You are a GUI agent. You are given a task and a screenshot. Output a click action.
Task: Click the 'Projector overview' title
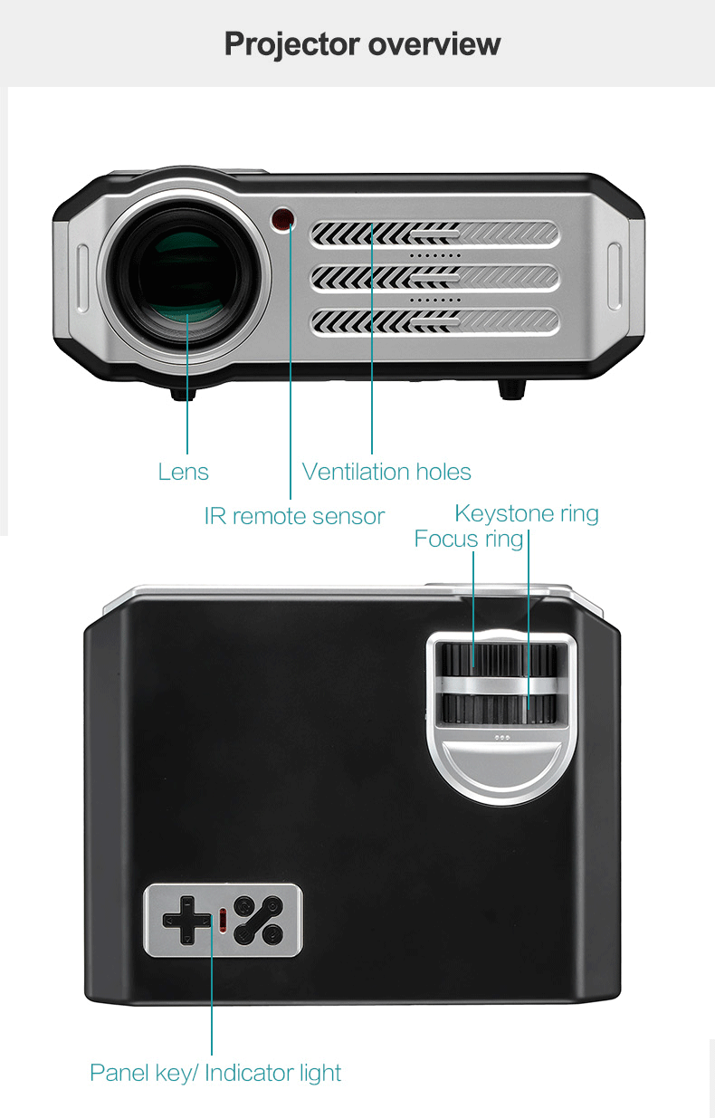click(x=362, y=43)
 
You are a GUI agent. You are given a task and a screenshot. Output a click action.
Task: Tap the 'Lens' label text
click(x=183, y=472)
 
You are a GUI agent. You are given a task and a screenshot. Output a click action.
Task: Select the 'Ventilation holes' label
click(x=386, y=472)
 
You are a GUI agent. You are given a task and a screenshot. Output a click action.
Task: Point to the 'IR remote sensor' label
click(x=294, y=516)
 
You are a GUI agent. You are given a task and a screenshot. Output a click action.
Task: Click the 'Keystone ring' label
click(x=526, y=514)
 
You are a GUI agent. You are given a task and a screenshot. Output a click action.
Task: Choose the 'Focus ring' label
click(x=468, y=540)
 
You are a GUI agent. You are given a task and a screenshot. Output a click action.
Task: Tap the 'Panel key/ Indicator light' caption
click(x=215, y=1074)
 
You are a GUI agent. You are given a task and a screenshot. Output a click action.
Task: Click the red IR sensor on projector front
click(x=284, y=218)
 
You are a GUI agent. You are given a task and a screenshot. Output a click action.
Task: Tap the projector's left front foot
click(x=184, y=392)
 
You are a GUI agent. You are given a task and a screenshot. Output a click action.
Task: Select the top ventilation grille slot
click(x=434, y=235)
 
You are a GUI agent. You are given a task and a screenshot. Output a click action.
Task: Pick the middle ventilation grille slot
click(x=434, y=278)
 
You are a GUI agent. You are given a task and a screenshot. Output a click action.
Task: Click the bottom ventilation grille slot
click(x=434, y=320)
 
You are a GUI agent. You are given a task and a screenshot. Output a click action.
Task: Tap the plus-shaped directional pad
click(x=186, y=921)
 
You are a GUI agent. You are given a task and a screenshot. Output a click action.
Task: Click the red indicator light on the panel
click(x=223, y=921)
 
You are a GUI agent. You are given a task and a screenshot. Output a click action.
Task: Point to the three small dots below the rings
click(x=501, y=737)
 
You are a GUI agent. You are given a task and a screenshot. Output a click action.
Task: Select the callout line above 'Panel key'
click(x=212, y=996)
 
